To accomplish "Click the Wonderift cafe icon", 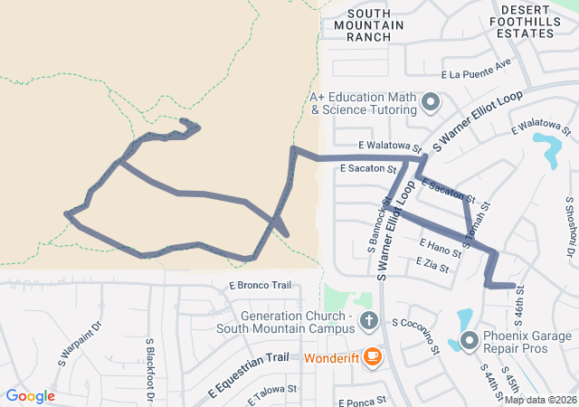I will click(x=371, y=357).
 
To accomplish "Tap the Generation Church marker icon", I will click(x=368, y=320).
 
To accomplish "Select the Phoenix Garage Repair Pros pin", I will click(x=470, y=341).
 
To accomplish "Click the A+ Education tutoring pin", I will click(x=431, y=101).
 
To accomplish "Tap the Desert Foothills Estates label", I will click(x=526, y=21).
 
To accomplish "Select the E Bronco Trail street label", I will click(x=260, y=286).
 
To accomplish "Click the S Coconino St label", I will click(x=416, y=334).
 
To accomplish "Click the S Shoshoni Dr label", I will click(x=572, y=225).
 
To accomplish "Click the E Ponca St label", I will click(x=362, y=400).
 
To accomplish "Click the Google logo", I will click(x=31, y=396).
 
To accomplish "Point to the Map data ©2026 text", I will click(x=539, y=400).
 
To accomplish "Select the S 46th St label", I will click(x=519, y=316).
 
